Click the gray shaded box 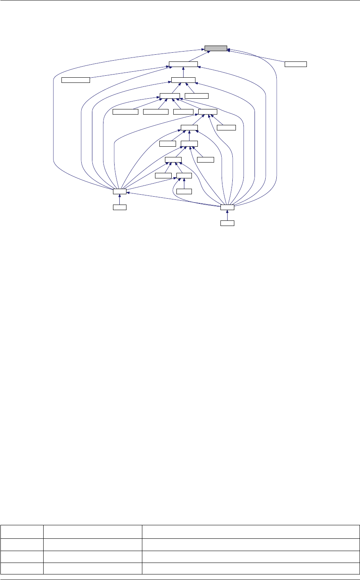[x=216, y=48]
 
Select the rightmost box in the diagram [x=296, y=64]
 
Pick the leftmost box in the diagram [x=76, y=80]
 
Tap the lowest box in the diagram [x=227, y=223]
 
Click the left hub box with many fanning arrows [x=119, y=191]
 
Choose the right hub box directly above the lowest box [x=227, y=207]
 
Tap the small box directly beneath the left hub [x=119, y=207]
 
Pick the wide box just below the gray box [x=183, y=64]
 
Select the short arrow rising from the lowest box [x=227, y=215]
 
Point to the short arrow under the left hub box [x=119, y=199]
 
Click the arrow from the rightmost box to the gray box [x=258, y=56]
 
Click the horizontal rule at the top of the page [x=180, y=0]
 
